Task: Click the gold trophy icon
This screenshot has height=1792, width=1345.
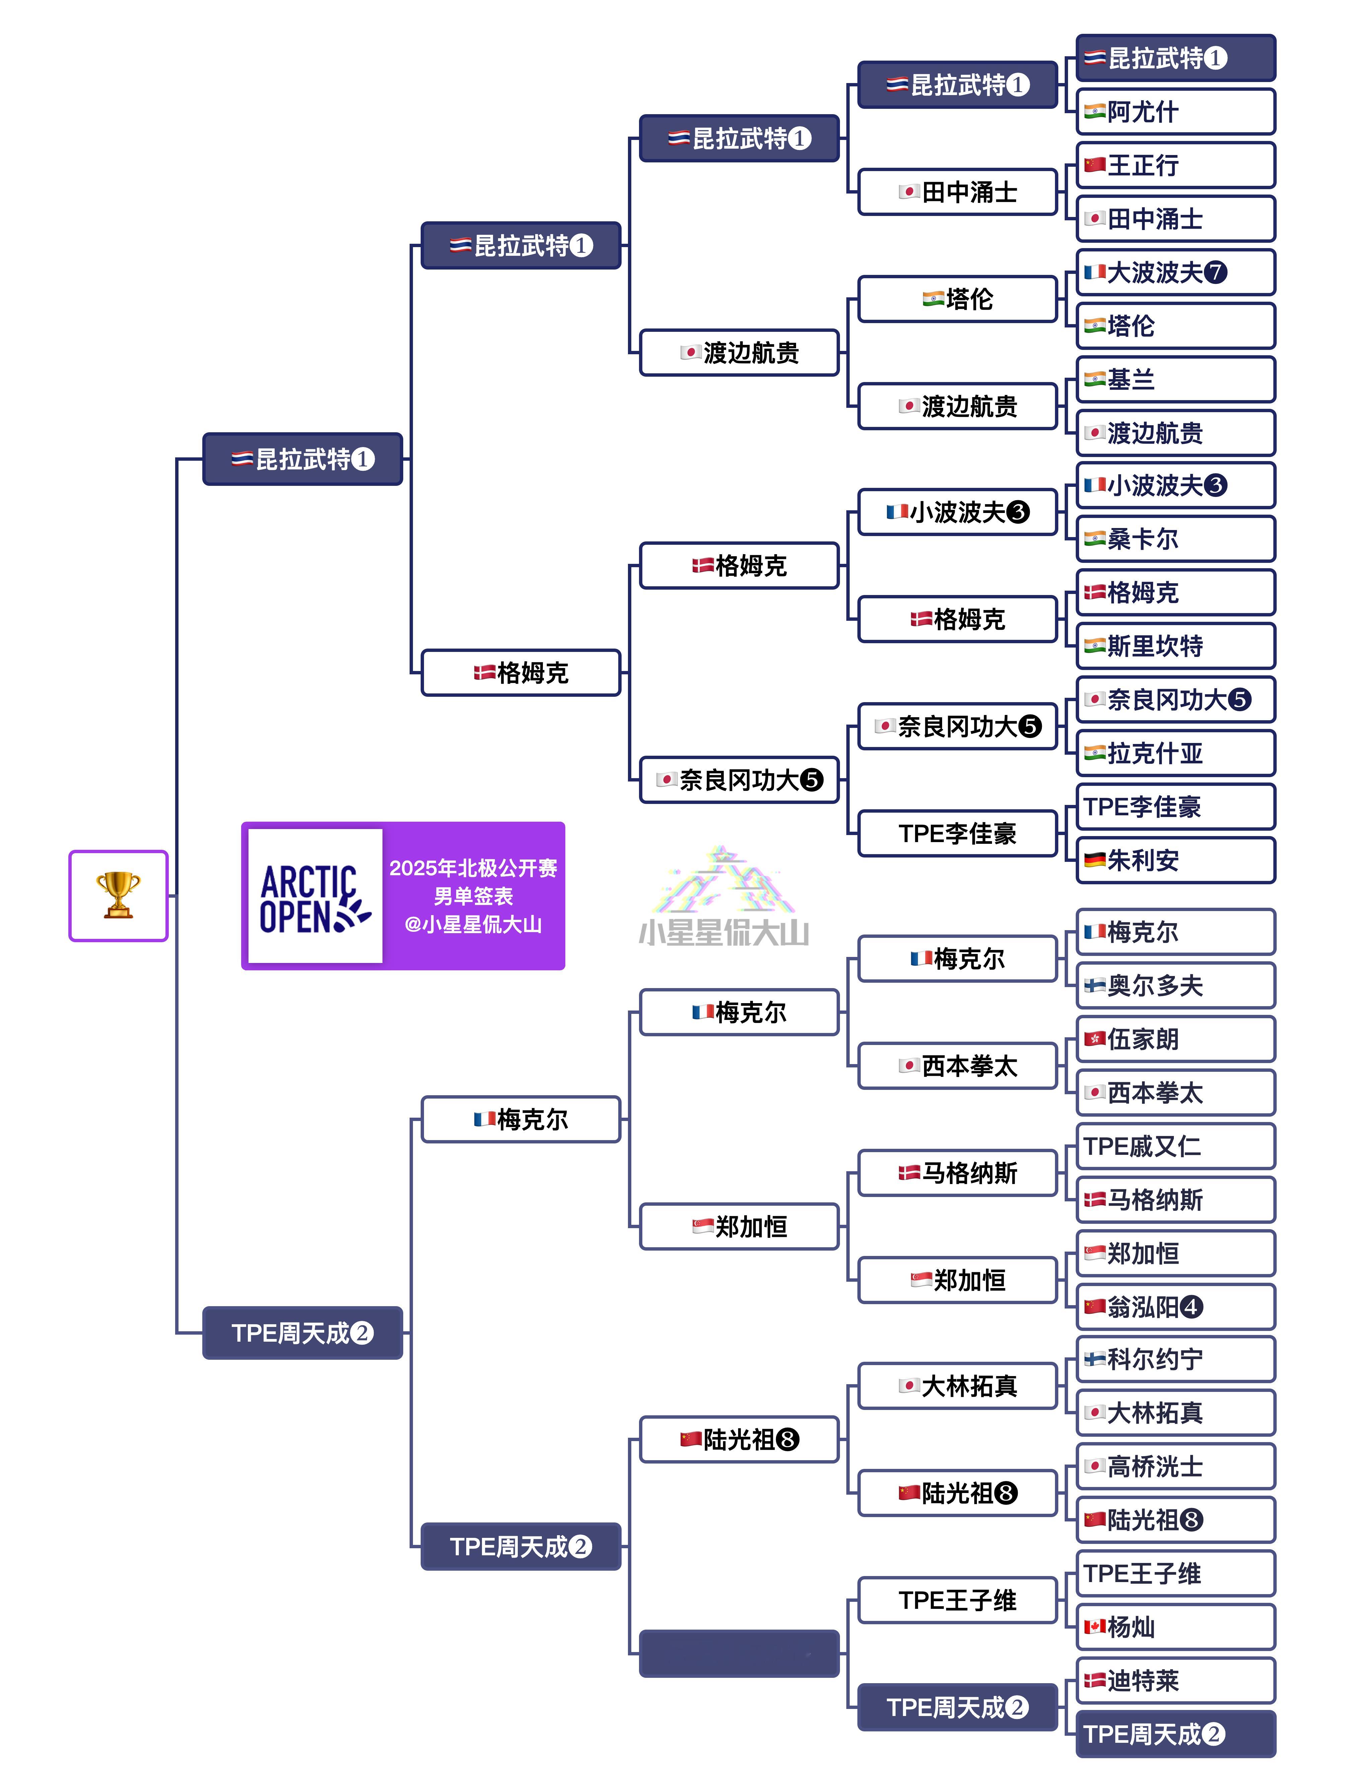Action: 118,895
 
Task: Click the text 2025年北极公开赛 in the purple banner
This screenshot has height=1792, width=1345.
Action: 473,869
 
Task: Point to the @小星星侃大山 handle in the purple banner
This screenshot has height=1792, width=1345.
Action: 473,924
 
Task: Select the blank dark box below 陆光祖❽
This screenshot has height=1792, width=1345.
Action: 739,1653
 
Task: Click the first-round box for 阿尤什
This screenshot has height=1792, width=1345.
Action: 1175,112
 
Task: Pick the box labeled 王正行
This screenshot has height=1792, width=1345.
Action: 1175,165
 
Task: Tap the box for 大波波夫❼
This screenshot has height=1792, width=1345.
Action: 1175,272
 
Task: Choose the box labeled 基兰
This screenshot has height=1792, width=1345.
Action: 1175,379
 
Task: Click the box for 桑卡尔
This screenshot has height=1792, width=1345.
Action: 1175,539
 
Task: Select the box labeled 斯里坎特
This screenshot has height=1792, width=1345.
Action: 1175,646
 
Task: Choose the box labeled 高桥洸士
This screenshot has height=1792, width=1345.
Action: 1175,1466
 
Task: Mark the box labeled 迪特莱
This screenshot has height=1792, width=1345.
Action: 1175,1680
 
